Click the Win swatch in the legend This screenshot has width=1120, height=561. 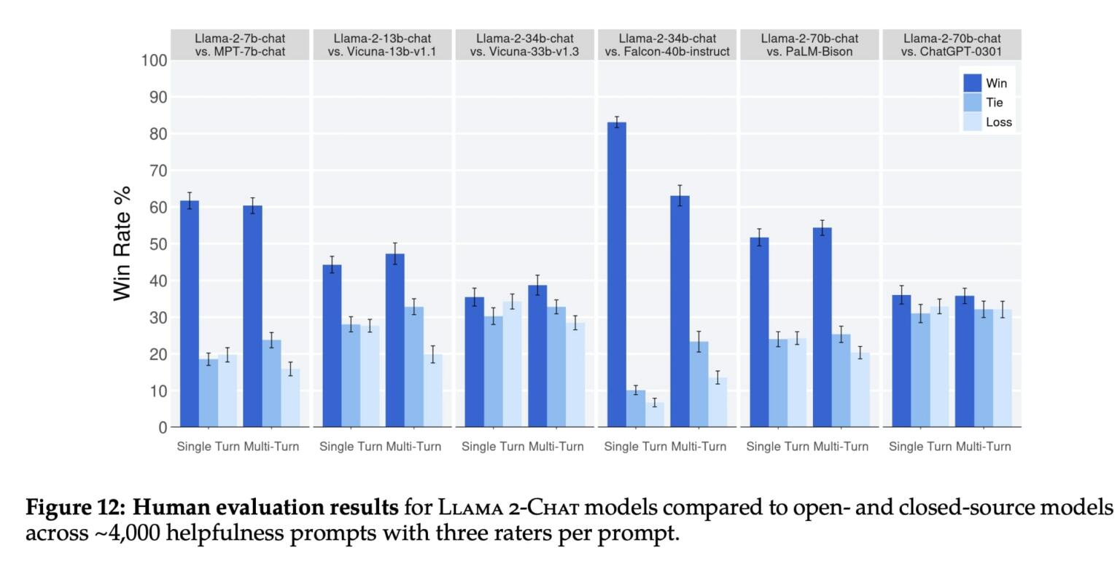[973, 83]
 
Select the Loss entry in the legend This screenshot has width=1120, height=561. [998, 122]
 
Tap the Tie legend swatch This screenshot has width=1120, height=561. [973, 103]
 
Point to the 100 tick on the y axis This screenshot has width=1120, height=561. [154, 60]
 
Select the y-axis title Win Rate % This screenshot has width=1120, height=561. [122, 243]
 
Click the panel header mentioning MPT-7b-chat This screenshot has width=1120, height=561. [240, 44]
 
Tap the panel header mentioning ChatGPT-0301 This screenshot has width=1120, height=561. [952, 44]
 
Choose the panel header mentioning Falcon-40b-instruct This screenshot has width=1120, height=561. [667, 44]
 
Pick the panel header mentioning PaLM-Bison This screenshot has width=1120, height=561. [809, 44]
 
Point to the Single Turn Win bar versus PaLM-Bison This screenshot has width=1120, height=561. [759, 331]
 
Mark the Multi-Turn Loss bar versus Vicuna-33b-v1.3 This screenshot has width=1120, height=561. [575, 374]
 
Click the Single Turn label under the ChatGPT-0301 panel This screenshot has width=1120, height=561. [920, 447]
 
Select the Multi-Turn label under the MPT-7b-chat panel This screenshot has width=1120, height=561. [271, 447]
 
